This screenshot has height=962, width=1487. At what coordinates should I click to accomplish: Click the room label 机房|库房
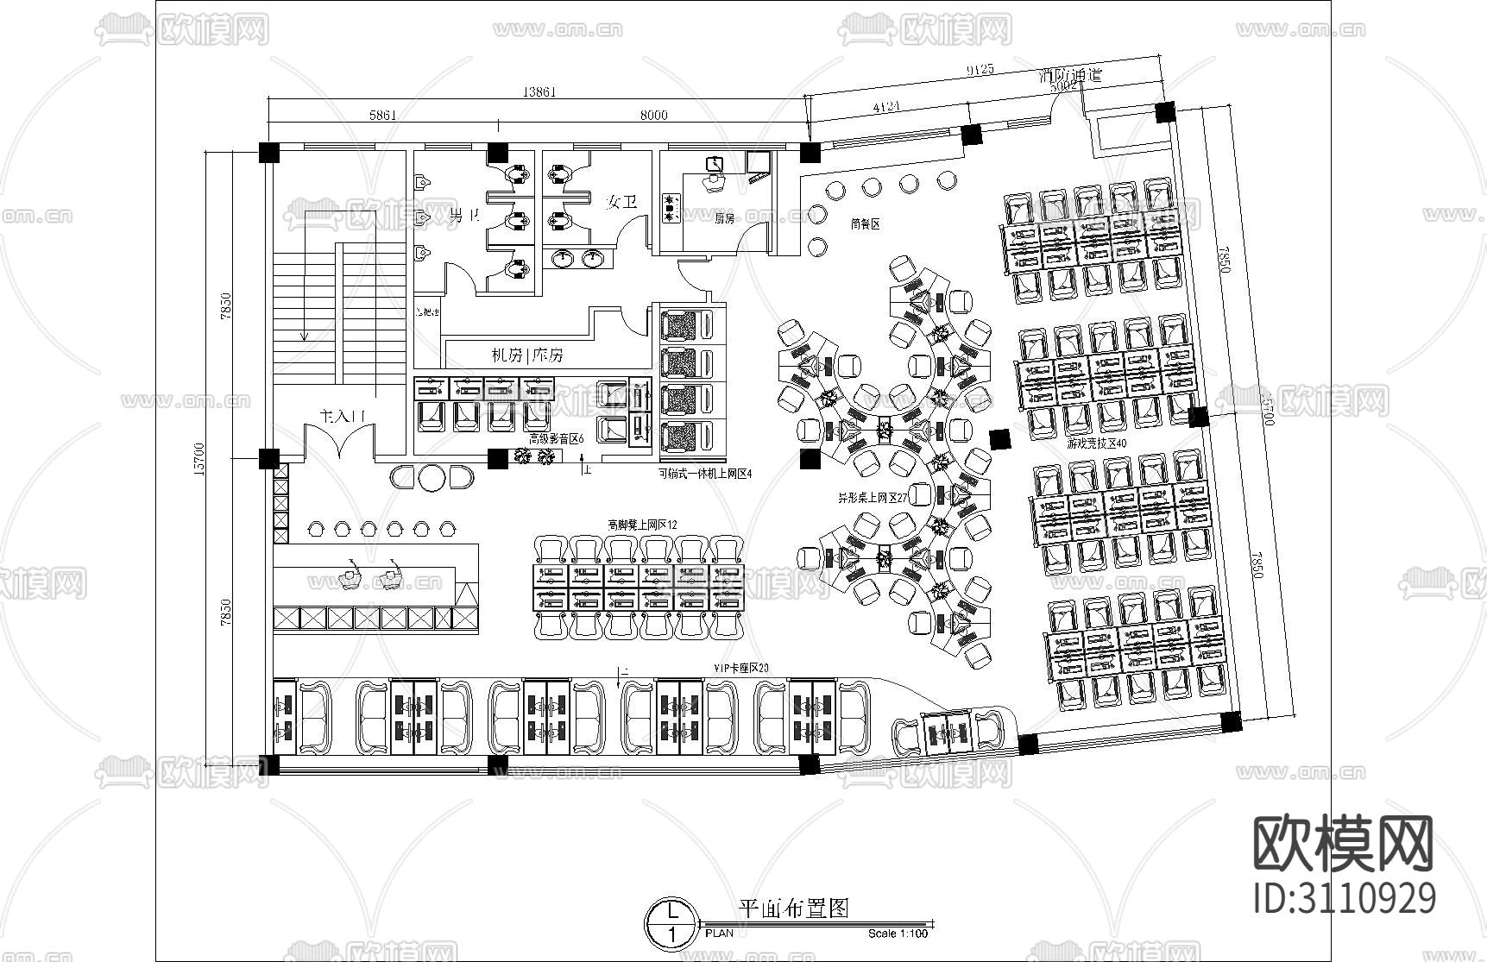point(527,355)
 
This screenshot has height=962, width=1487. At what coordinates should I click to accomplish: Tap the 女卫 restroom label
point(621,202)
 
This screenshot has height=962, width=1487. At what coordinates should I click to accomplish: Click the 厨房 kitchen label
point(723,219)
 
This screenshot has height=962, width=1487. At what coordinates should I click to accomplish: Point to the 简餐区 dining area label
point(864,223)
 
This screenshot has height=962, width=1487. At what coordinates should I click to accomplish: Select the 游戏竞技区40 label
point(1096,443)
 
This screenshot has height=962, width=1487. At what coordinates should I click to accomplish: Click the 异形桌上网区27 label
point(873,498)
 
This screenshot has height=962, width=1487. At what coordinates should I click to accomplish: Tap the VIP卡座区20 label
point(740,668)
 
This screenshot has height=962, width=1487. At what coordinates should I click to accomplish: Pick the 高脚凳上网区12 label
point(642,524)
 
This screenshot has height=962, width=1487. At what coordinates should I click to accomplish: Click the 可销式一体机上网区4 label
point(705,473)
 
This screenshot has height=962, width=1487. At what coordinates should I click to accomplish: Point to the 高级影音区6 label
point(556,439)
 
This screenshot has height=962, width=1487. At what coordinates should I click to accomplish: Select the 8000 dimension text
point(652,115)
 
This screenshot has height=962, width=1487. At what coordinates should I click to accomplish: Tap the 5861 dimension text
point(382,115)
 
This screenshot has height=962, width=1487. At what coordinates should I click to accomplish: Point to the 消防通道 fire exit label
point(1070,75)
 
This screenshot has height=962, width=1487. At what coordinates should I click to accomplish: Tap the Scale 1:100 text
point(898,934)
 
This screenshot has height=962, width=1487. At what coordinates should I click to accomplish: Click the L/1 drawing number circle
point(669,921)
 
